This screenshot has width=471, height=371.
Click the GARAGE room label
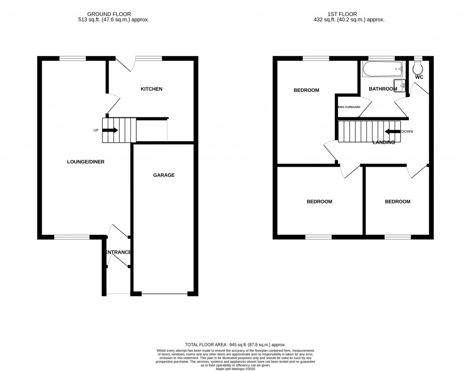163,175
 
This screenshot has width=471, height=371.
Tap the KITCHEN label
151,89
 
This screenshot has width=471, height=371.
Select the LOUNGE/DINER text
82,162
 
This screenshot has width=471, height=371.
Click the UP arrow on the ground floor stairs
110,130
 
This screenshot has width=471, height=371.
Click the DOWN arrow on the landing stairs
392,132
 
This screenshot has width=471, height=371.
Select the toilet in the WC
418,68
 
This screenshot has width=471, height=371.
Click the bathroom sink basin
401,85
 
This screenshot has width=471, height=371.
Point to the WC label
419,77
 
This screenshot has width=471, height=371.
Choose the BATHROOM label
383,89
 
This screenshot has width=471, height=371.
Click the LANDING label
384,143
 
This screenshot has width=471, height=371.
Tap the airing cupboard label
349,107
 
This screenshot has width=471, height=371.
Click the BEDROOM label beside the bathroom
306,90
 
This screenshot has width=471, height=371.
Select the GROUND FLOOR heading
118,14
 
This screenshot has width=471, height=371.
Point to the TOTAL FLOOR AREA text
235,345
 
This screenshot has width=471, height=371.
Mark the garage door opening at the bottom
165,293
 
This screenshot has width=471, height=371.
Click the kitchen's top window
149,58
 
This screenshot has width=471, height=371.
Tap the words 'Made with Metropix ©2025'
235,368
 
